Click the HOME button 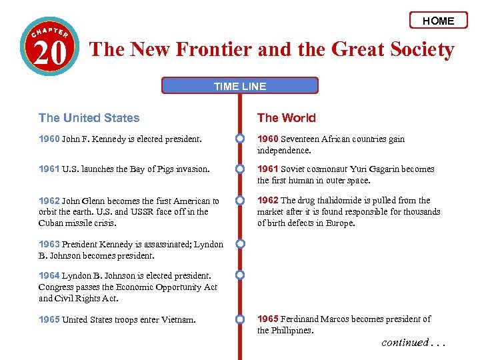(438, 21)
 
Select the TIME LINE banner (240, 85)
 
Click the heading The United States (89, 118)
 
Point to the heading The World (287, 118)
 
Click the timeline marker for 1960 (239, 139)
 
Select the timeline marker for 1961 (239, 169)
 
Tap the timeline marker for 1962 (239, 200)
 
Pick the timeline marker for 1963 (239, 244)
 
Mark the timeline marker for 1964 (239, 275)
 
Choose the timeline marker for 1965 (239, 319)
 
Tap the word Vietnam (179, 320)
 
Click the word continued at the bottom (405, 343)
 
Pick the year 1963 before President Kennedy (49, 244)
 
